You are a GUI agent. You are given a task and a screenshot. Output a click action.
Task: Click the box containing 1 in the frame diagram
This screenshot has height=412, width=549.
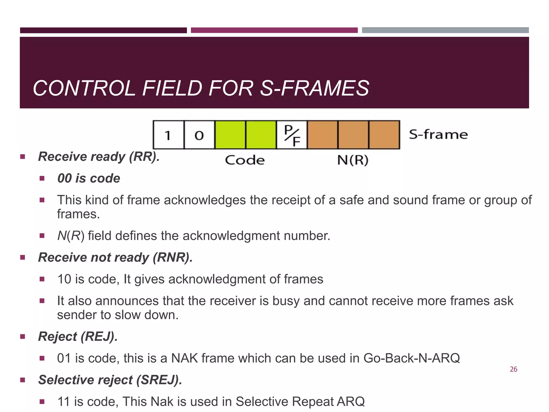[168, 135]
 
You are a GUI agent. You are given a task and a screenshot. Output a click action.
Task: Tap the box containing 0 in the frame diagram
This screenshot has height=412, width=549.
[199, 135]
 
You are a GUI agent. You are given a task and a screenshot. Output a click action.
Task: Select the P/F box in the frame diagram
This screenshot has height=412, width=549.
[292, 135]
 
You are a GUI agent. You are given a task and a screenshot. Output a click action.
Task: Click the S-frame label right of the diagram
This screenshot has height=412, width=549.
[438, 134]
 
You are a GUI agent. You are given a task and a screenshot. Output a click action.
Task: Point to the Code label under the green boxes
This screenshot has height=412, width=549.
[244, 160]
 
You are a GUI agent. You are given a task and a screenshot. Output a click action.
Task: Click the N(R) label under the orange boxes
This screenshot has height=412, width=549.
[353, 160]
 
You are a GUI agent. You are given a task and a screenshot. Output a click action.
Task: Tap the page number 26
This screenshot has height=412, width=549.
[513, 369]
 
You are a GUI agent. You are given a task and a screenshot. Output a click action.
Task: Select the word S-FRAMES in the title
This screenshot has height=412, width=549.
[315, 88]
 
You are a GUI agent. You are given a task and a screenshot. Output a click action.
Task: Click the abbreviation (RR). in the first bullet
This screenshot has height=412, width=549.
[144, 157]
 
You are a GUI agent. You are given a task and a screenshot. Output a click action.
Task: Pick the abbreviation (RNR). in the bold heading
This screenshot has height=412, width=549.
[173, 257]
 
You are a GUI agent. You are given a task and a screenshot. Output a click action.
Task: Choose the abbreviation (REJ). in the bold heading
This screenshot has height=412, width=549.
[99, 337]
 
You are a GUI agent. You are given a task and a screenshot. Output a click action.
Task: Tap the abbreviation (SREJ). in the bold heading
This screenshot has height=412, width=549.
[159, 380]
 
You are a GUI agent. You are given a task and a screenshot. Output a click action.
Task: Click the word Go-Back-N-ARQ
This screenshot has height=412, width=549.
[411, 358]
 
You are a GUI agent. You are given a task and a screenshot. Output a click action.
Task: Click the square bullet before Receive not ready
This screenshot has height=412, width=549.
[23, 257]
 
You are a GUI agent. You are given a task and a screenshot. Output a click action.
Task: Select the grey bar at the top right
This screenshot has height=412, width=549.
[445, 30]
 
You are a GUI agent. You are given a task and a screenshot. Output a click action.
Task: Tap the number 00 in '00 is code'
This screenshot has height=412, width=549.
[64, 179]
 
